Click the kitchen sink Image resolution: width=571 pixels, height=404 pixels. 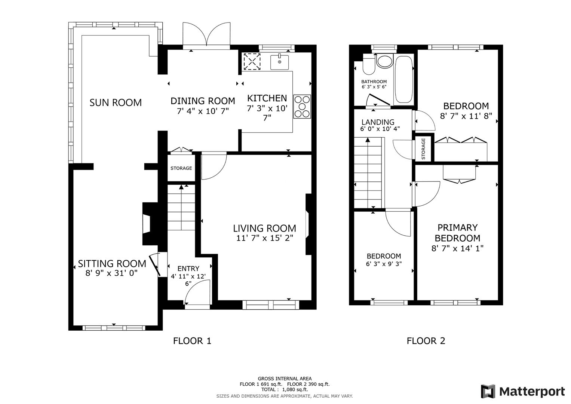coord(279,62)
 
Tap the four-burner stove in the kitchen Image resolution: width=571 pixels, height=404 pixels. coord(302,107)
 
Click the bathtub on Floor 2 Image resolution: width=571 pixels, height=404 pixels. coord(403,79)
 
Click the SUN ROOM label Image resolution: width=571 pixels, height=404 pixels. coord(116,102)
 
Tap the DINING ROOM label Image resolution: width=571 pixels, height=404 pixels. coord(203,101)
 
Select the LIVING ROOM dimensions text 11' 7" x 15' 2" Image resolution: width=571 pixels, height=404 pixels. coord(264,238)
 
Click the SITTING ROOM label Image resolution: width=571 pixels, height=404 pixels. coord(112,264)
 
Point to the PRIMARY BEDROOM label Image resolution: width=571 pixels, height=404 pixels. coord(457,233)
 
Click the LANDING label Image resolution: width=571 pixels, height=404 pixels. coord(378,122)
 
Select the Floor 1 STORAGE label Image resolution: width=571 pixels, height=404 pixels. coord(181,168)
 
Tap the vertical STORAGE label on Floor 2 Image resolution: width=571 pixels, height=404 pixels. coord(423,149)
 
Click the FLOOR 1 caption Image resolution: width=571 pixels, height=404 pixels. coord(192,341)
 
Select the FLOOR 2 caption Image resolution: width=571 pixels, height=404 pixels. coord(426,341)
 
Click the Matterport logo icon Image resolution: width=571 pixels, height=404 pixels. coord(488,391)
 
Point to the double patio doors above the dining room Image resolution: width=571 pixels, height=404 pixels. coord(206,35)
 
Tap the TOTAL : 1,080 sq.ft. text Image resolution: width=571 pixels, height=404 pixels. coord(285,389)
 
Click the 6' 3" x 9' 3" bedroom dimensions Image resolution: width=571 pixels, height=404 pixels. coord(384,264)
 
